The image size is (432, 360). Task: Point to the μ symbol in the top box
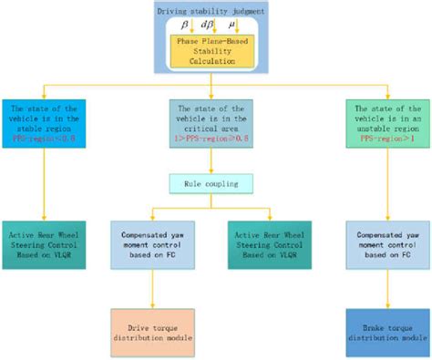(242, 20)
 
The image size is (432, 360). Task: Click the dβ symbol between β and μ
(216, 20)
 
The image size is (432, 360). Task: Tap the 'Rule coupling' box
(216, 184)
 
